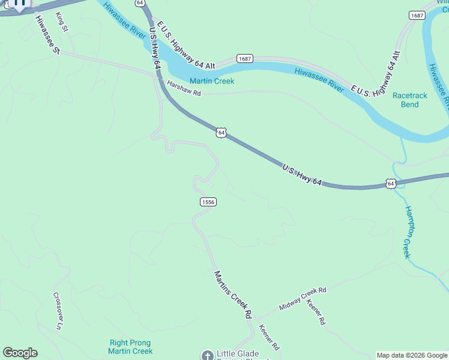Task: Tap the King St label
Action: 61,22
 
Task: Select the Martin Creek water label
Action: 212,81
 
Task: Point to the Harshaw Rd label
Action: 184,88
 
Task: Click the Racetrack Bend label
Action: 410,100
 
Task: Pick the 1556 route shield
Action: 208,202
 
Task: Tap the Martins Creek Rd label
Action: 233,293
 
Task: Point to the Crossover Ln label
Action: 58,310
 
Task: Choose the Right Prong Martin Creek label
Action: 130,346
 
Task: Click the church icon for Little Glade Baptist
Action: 208,355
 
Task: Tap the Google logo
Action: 20,353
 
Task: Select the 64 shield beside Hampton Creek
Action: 391,184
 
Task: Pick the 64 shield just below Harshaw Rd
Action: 221,132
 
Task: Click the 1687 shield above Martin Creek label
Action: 244,58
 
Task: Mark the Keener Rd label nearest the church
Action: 268,338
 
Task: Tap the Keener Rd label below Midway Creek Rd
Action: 316,313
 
